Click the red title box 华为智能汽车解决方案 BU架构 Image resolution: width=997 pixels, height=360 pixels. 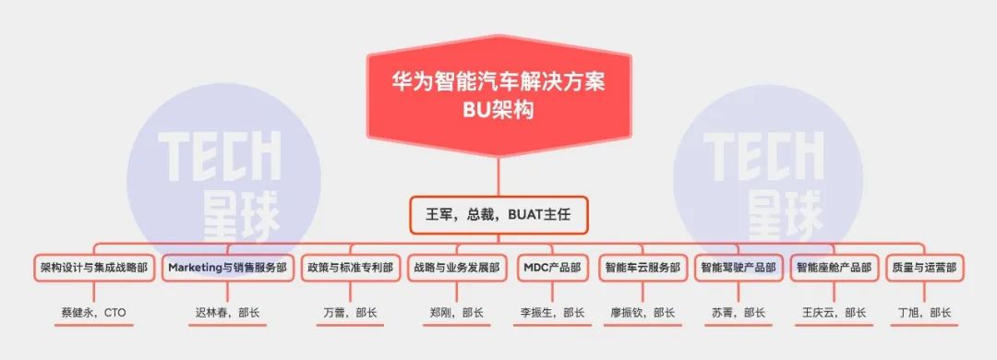[x=498, y=95]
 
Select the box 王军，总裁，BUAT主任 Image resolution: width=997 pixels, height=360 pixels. [x=498, y=214]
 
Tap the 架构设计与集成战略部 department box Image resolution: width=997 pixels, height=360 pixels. [x=93, y=268]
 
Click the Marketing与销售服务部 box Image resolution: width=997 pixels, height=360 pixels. [x=227, y=268]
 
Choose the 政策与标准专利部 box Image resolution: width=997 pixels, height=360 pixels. [x=350, y=268]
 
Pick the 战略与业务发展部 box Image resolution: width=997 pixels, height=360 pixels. [x=457, y=268]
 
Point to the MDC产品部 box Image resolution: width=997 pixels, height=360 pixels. [x=552, y=268]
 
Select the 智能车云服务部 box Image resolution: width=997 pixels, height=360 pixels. [x=643, y=268]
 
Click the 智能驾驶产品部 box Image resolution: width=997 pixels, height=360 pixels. [x=739, y=268]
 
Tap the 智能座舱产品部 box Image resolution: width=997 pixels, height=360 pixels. [x=834, y=268]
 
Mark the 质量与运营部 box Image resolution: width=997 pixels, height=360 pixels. [x=924, y=268]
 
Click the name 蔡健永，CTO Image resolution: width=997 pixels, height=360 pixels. [x=93, y=313]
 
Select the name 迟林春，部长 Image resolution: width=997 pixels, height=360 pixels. [x=227, y=313]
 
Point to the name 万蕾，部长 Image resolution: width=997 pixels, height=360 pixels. [x=350, y=313]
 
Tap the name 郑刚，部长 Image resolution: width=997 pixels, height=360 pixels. [x=457, y=313]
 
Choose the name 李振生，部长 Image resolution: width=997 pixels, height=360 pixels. [x=552, y=313]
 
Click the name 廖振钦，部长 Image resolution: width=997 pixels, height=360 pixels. [x=643, y=313]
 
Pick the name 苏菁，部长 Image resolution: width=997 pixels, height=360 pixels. [x=739, y=313]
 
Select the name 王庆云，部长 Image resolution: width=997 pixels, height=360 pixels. [x=834, y=313]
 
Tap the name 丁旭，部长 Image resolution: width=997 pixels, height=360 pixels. [x=924, y=313]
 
